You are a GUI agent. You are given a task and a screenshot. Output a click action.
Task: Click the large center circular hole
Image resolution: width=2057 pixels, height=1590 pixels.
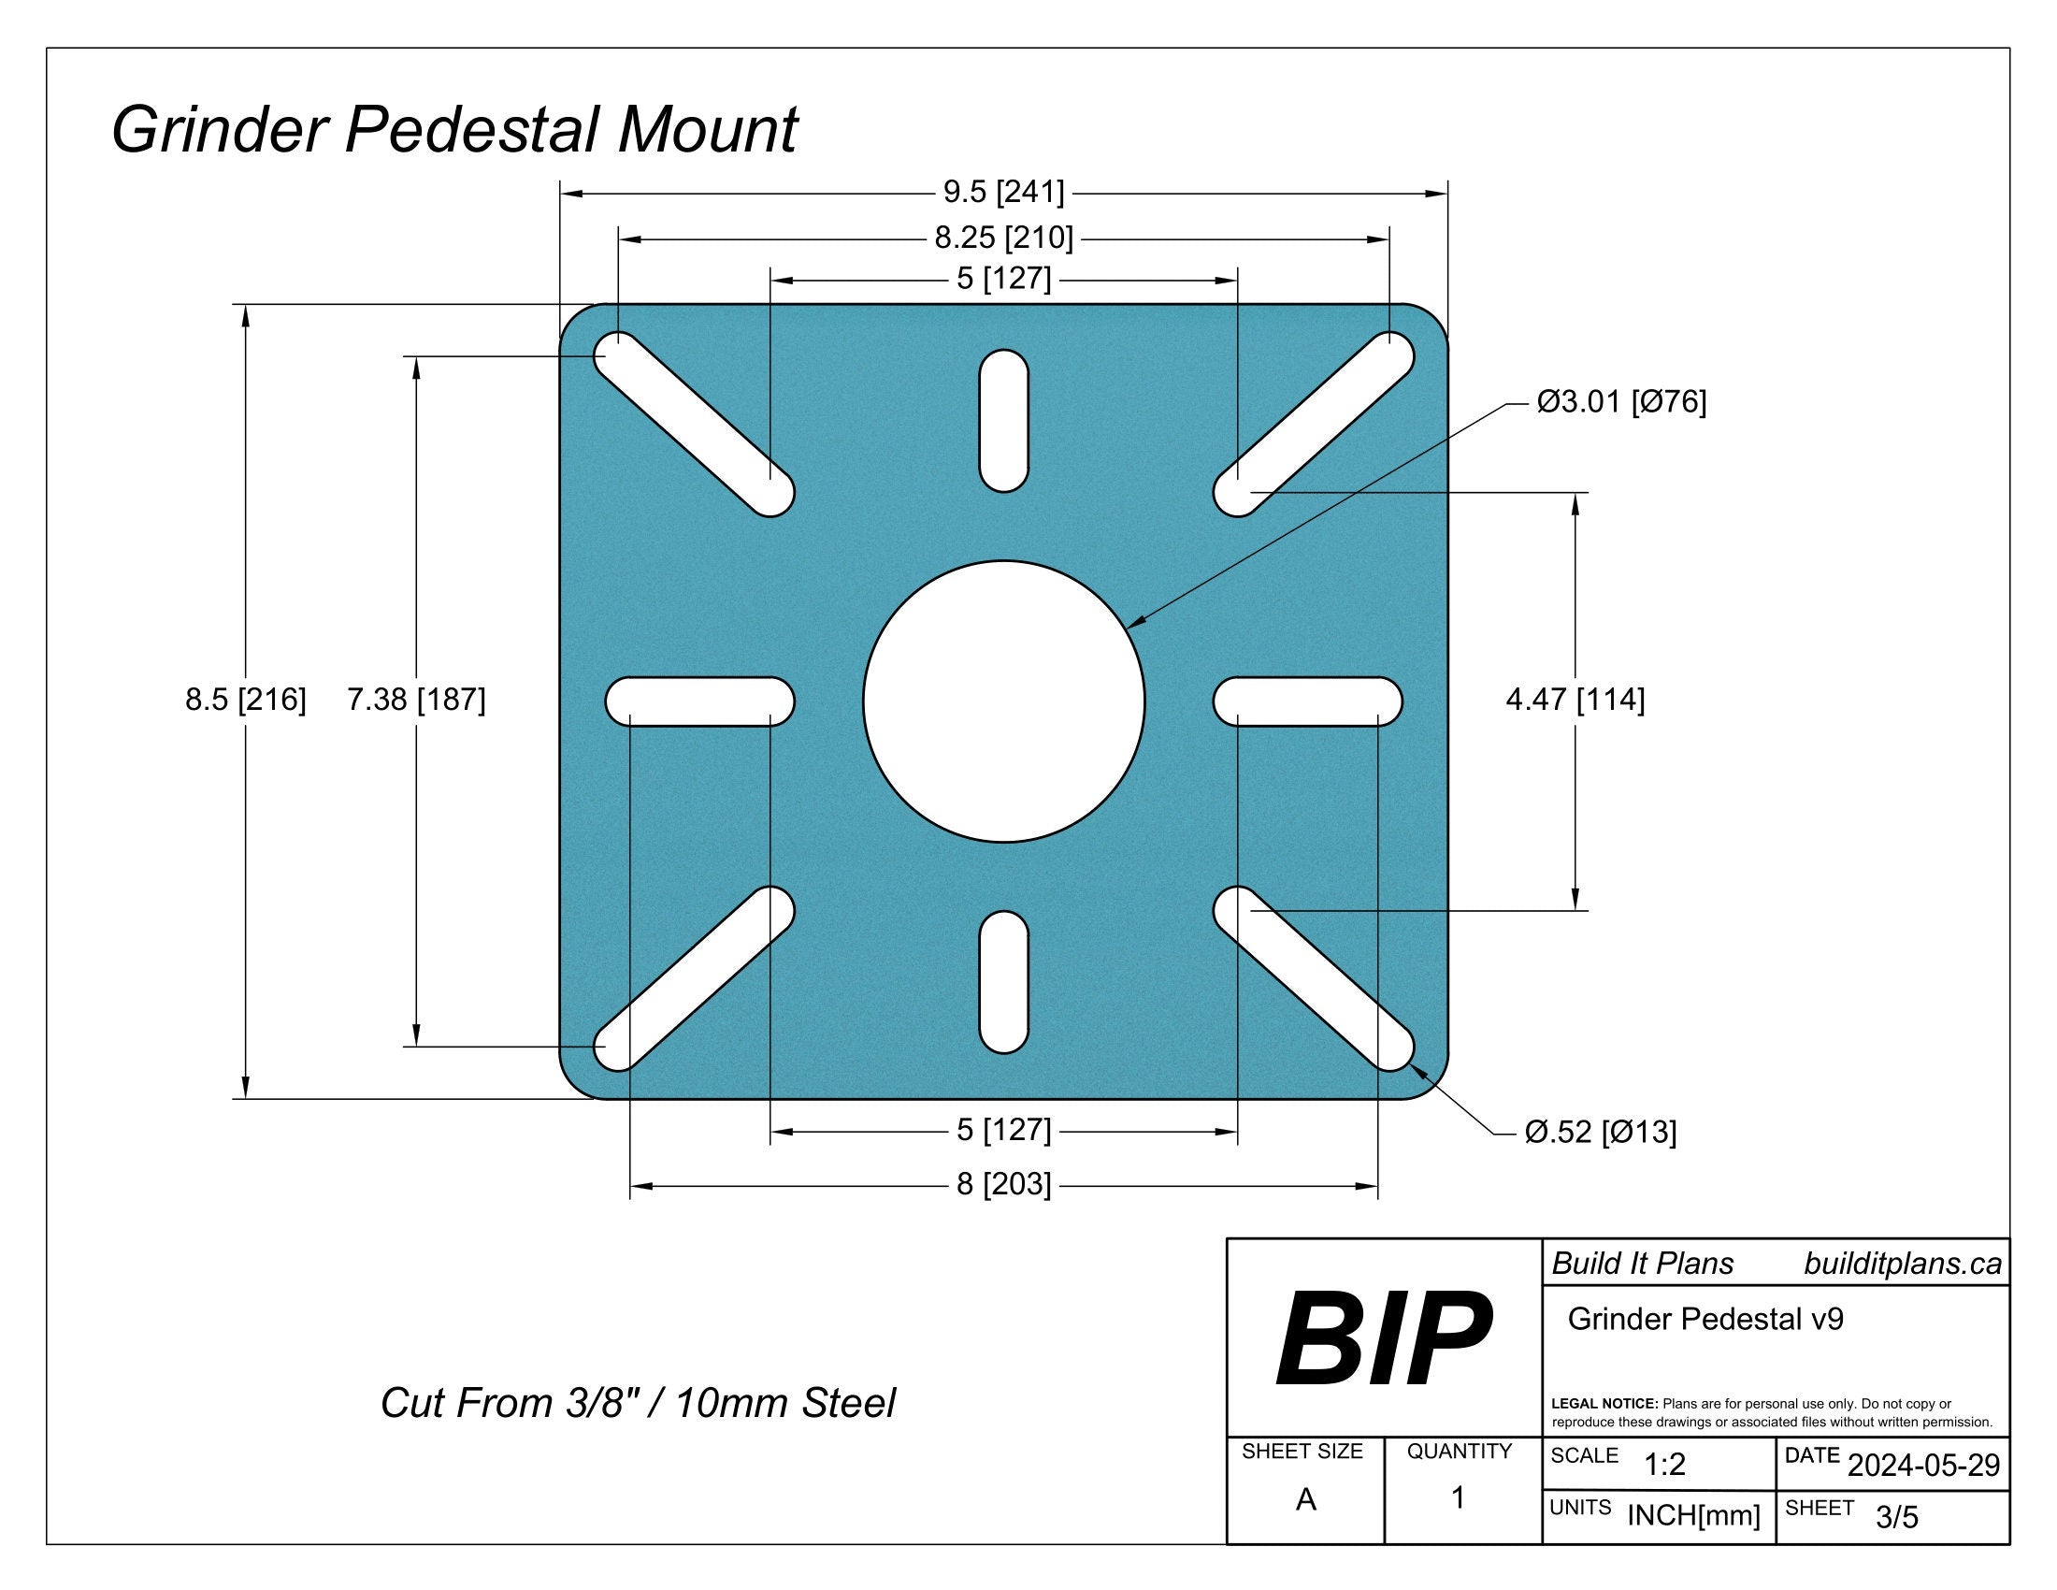(1003, 701)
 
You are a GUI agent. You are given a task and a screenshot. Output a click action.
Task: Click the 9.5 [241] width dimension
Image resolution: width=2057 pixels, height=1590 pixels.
(1003, 192)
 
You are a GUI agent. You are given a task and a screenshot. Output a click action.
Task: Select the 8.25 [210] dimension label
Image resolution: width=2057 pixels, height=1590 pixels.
(1003, 238)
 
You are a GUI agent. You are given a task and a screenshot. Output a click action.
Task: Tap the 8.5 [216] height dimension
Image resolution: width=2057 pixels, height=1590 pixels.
(245, 699)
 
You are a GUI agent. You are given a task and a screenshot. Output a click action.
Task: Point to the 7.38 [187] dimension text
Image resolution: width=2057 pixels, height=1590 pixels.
(415, 699)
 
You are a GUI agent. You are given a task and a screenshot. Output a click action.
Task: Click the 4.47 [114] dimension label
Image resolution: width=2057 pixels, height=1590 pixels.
(1575, 699)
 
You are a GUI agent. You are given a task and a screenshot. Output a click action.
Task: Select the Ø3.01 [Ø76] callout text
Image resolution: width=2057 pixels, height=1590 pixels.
(1621, 402)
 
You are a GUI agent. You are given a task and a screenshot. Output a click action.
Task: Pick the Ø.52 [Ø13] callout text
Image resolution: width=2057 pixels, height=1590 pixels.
(1600, 1132)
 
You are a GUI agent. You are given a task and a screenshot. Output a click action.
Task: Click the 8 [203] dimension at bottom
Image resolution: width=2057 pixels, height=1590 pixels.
(1003, 1184)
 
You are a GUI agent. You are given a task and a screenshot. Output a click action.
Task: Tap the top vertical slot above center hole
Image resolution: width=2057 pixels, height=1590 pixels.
(1003, 420)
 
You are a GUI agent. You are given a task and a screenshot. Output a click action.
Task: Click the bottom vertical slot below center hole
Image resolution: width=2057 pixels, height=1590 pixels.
(1003, 981)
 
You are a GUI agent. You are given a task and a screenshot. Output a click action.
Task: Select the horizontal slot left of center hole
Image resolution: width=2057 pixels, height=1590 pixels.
(699, 701)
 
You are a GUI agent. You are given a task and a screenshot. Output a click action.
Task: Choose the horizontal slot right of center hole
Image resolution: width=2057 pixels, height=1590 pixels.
(1307, 701)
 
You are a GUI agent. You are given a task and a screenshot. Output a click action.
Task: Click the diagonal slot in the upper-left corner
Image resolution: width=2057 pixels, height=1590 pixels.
(694, 424)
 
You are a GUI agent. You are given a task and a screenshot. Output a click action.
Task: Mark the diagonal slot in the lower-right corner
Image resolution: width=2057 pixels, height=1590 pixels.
(1313, 977)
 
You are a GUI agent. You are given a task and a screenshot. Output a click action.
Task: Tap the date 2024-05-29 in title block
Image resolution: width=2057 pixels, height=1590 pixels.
(1923, 1466)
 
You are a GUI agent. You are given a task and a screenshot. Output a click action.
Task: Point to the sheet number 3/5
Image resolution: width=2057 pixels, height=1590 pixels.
(1896, 1516)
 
